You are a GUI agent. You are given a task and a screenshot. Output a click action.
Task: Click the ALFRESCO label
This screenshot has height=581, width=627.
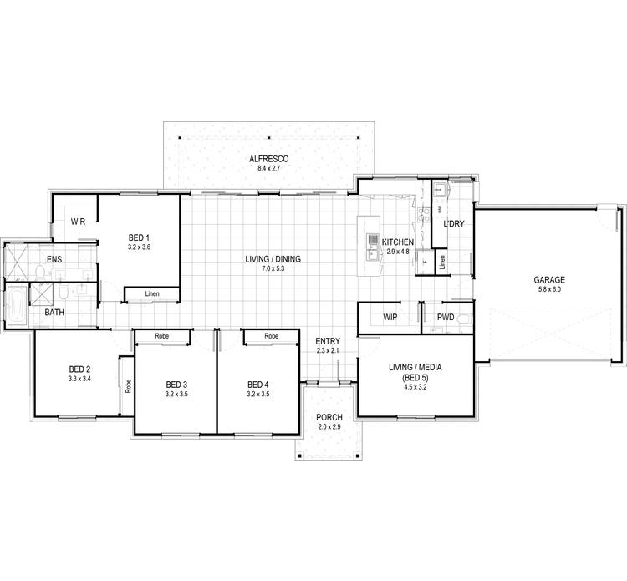point(268,159)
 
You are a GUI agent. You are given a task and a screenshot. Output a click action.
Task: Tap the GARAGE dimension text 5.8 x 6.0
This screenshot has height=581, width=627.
point(550,290)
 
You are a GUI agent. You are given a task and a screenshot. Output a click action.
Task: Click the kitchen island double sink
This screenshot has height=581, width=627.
point(372,243)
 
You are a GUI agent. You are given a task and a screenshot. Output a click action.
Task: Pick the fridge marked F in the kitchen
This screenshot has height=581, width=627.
point(424,262)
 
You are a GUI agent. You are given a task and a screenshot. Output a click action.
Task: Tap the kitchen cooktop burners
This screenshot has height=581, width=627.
point(405,201)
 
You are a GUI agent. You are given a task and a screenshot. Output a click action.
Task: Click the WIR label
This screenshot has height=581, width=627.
point(79,222)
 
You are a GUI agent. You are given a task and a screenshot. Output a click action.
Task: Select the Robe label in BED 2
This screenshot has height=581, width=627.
point(128,385)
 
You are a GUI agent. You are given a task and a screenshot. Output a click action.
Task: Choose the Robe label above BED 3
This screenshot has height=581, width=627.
point(163,335)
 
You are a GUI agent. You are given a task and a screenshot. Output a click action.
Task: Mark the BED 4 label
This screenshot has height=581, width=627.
point(257,385)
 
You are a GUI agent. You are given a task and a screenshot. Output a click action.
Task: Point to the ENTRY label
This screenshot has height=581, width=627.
point(327,341)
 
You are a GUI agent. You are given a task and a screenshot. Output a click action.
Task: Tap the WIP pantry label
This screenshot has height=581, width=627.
point(389,318)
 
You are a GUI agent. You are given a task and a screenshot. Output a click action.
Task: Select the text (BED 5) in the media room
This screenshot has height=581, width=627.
point(415,376)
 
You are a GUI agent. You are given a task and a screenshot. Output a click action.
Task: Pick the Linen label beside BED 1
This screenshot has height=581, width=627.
point(151,293)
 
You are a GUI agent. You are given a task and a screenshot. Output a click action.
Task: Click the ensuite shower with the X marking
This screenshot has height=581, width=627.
point(17,262)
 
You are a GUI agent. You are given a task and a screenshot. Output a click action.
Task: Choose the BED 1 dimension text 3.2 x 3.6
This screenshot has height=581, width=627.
point(139,247)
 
